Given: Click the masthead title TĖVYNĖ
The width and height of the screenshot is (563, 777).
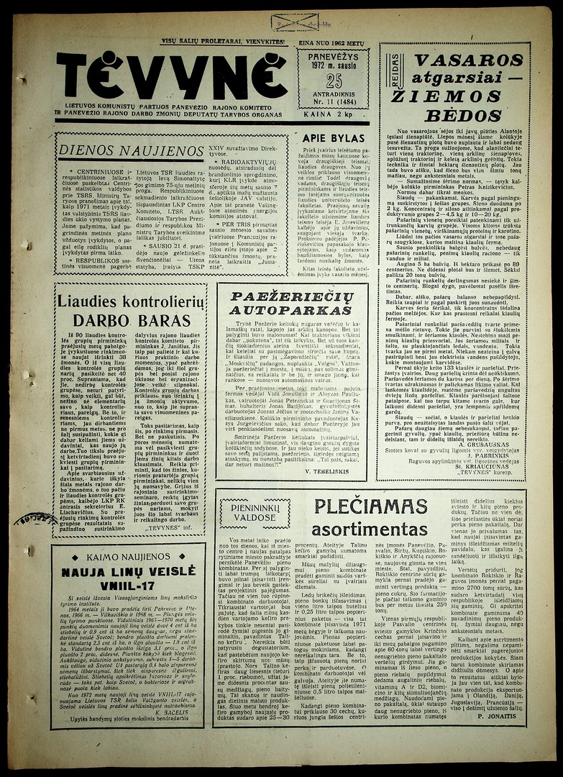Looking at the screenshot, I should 173,76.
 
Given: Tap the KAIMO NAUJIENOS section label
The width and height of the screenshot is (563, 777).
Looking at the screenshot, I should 129,556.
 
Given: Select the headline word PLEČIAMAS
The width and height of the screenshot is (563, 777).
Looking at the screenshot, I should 370,506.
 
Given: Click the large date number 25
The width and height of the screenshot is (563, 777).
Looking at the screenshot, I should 334,81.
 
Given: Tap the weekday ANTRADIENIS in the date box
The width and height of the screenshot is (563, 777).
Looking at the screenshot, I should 334,101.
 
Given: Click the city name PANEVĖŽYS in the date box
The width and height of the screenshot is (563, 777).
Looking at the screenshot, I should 333,55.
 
